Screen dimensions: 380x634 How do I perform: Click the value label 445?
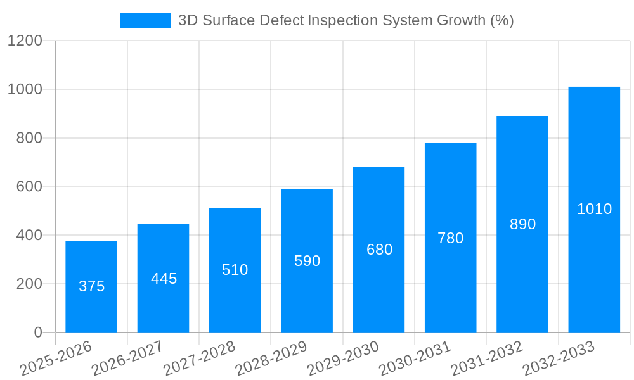(164, 279)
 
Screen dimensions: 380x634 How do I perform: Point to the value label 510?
(235, 270)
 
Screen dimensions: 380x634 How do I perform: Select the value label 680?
(379, 250)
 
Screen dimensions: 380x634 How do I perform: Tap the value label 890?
(522, 224)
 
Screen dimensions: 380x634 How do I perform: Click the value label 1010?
(594, 209)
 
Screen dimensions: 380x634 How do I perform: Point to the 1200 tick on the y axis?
(25, 41)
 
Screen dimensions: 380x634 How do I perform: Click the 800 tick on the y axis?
(29, 138)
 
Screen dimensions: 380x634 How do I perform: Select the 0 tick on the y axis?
(37, 332)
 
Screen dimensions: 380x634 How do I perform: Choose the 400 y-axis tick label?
(29, 236)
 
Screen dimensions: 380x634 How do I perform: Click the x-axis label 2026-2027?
(127, 358)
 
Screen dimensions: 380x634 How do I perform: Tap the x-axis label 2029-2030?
(343, 358)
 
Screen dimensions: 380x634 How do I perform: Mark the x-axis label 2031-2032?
(487, 358)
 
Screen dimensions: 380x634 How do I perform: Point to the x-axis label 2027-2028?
(199, 358)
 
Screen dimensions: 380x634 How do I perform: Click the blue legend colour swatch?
(145, 20)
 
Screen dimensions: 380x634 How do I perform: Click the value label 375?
(91, 286)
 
